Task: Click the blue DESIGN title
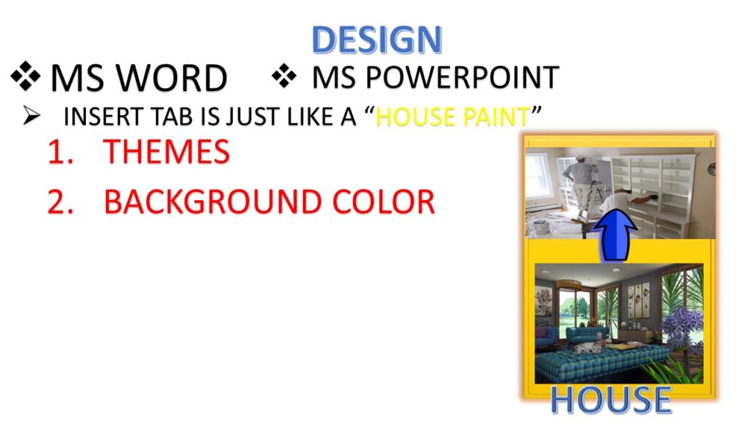tap(376, 39)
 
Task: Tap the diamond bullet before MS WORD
tap(26, 77)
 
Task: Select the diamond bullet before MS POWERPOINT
tap(285, 76)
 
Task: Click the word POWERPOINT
tap(463, 77)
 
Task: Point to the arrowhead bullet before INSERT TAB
tap(32, 116)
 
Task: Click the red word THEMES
tap(167, 152)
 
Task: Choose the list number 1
tap(60, 152)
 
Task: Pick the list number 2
tap(60, 202)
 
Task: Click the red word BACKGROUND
tap(213, 202)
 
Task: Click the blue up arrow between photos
tap(614, 235)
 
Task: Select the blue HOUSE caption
tap(610, 399)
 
